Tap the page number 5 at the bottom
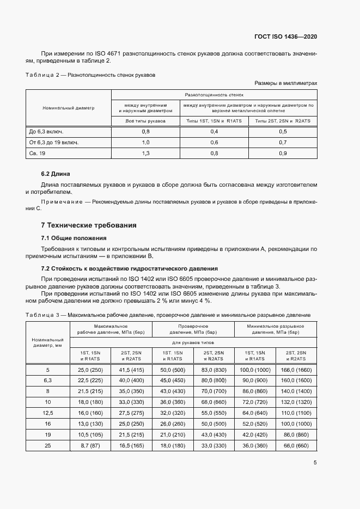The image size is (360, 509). pyautogui.click(x=315, y=463)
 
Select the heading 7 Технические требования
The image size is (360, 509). pyautogui.click(x=89, y=225)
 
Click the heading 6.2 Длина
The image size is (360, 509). pyautogui.click(x=56, y=174)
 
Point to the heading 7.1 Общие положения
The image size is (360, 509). pyautogui.click(x=74, y=238)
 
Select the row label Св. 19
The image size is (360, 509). pyautogui.click(x=37, y=154)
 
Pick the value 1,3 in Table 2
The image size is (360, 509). pyautogui.click(x=145, y=154)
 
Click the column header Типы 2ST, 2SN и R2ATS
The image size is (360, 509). pyautogui.click(x=283, y=120)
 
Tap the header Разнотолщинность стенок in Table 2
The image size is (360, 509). pyautogui.click(x=214, y=94)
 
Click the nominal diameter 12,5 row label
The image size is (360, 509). pyautogui.click(x=47, y=413)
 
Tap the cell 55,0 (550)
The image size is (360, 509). pyautogui.click(x=213, y=413)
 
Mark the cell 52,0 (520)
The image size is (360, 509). pyautogui.click(x=254, y=424)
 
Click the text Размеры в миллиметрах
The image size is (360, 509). pyautogui.click(x=285, y=83)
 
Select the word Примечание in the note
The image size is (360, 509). pyautogui.click(x=62, y=202)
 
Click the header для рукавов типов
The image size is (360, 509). pyautogui.click(x=193, y=342)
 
